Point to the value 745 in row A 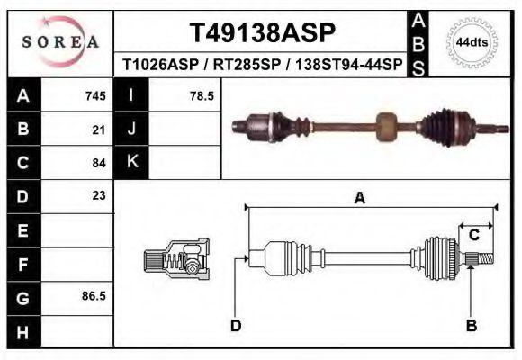click(x=95, y=95)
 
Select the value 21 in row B click(x=99, y=129)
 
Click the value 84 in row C click(x=99, y=163)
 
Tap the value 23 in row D click(x=99, y=195)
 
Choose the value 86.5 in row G click(x=94, y=296)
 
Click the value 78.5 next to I click(x=201, y=95)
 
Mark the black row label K click(x=132, y=162)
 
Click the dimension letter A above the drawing click(x=360, y=199)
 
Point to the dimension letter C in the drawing click(x=473, y=235)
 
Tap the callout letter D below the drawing click(x=236, y=325)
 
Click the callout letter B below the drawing click(x=471, y=325)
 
